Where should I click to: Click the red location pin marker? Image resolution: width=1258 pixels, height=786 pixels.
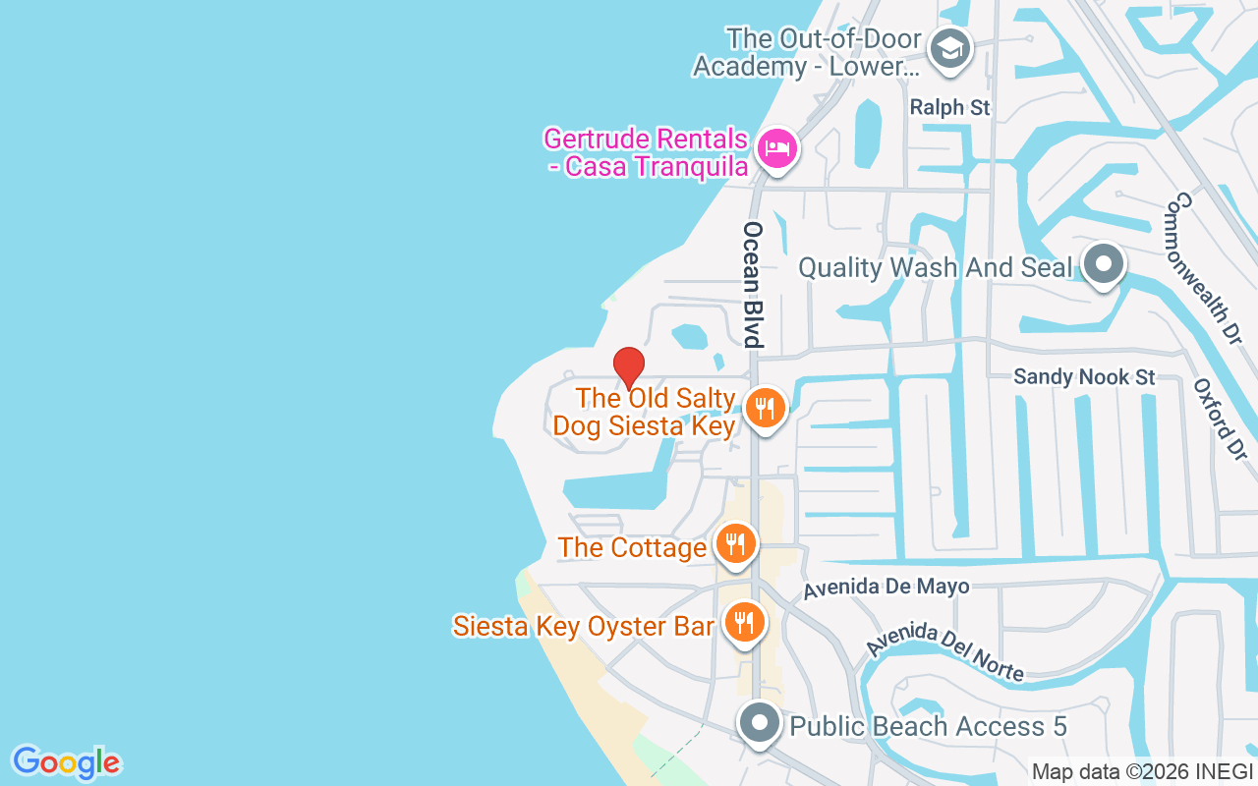(x=629, y=366)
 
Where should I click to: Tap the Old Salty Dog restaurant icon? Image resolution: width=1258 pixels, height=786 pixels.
(x=765, y=408)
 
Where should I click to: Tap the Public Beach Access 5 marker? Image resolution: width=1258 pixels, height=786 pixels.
(x=759, y=724)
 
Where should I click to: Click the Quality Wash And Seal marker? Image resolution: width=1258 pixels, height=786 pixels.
(x=1103, y=264)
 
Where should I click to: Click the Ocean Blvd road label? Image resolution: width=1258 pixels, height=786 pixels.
(x=753, y=284)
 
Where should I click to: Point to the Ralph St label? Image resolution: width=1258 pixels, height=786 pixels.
(x=950, y=107)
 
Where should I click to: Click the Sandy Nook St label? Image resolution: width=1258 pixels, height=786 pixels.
(x=1084, y=377)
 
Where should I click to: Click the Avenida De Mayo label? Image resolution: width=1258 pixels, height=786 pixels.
(x=886, y=588)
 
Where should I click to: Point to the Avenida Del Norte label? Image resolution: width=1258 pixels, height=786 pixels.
(x=945, y=651)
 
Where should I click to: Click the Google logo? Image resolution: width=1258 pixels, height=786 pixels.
(x=66, y=762)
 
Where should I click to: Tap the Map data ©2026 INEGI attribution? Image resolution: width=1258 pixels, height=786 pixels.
(x=1143, y=772)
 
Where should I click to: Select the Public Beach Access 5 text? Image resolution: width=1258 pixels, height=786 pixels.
(x=928, y=727)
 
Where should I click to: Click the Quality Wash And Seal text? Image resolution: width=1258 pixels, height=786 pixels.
(x=935, y=267)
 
